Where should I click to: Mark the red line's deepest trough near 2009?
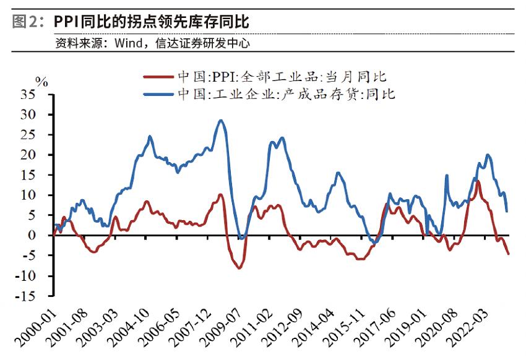239,268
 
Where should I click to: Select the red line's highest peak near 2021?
478,181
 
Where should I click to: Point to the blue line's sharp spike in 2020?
446,176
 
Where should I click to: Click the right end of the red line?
509,254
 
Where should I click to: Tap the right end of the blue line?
507,211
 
